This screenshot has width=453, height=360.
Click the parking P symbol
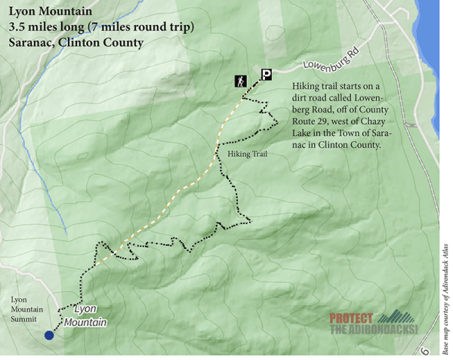(x=266, y=74)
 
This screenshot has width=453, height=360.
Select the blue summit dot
(x=49, y=336)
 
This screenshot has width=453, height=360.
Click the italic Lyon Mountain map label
(x=85, y=315)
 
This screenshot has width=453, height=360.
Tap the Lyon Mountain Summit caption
(x=27, y=309)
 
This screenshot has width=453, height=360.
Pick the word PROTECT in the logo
(x=352, y=318)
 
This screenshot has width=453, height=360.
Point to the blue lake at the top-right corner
(x=442, y=30)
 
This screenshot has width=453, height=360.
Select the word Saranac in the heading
(x=30, y=42)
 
